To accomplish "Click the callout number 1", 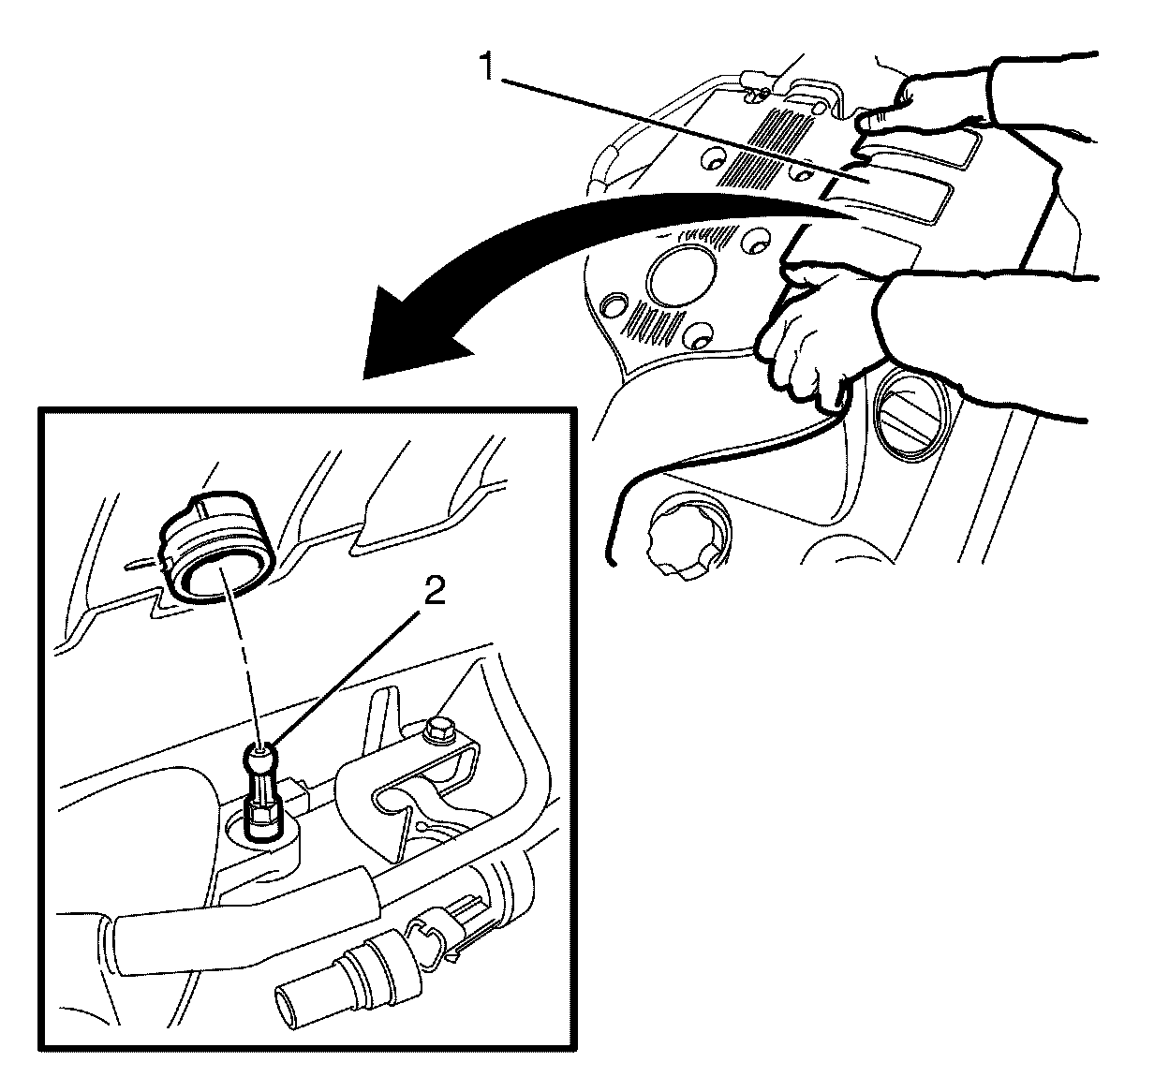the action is [487, 66].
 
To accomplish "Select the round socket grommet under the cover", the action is [215, 546].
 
